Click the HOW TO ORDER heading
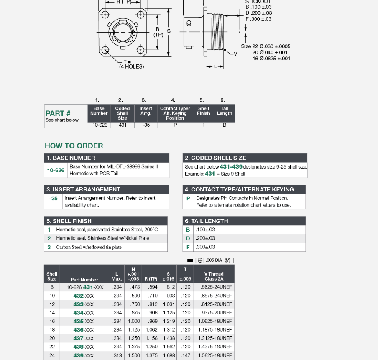click(74, 146)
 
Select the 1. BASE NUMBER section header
click(71, 158)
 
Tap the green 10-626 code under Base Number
click(56, 170)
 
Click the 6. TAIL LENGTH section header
click(207, 221)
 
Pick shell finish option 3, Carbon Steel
click(89, 247)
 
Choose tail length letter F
click(188, 247)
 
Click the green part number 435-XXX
click(84, 321)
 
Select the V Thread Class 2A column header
click(214, 276)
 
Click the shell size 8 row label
click(52, 287)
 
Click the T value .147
click(186, 355)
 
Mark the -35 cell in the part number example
click(146, 125)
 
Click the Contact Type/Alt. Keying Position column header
click(175, 113)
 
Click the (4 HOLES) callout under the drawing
click(131, 67)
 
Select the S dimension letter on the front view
click(169, 31)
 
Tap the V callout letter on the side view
click(235, 54)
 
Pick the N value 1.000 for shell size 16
click(134, 321)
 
